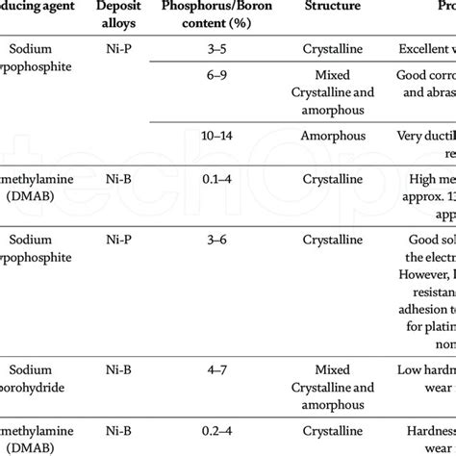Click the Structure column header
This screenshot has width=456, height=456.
coord(334,7)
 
